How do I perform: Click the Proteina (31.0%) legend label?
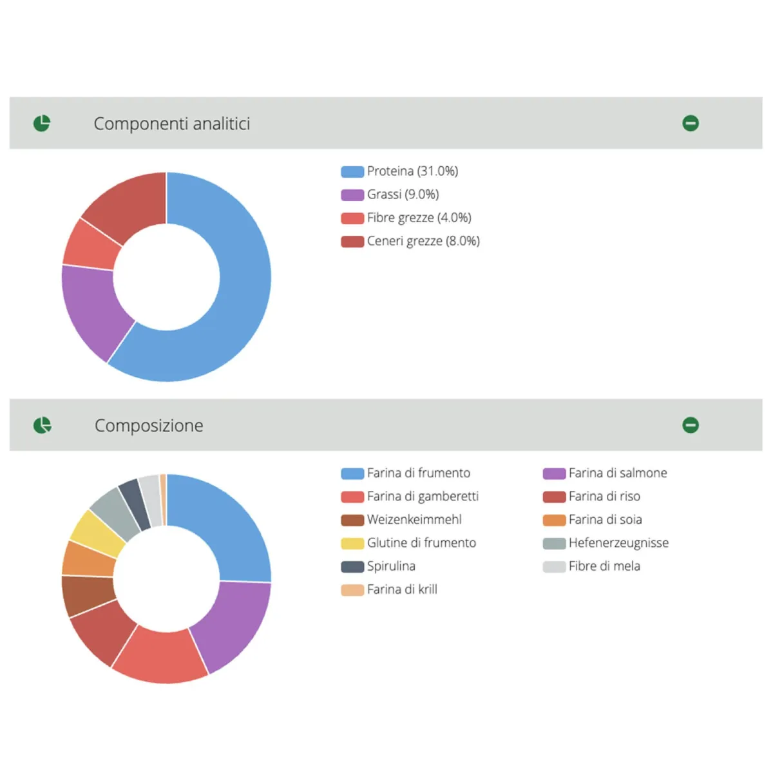pos(412,171)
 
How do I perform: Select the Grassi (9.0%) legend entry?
pos(403,195)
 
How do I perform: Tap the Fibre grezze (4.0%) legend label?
pos(419,218)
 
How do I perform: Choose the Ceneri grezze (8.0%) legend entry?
pos(423,241)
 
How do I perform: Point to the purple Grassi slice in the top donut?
pos(93,309)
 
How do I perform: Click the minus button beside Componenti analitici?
pos(691,123)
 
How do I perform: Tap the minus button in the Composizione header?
pos(691,425)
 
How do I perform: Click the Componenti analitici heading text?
pos(172,124)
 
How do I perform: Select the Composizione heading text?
pos(149,426)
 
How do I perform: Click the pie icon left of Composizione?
pos(42,425)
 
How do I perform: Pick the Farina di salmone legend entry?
pos(617,473)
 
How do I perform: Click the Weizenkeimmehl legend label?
pos(414,520)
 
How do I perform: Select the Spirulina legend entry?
pos(391,566)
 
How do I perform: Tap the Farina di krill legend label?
pos(402,589)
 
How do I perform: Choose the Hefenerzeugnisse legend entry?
pos(618,543)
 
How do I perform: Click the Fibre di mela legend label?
pos(604,566)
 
